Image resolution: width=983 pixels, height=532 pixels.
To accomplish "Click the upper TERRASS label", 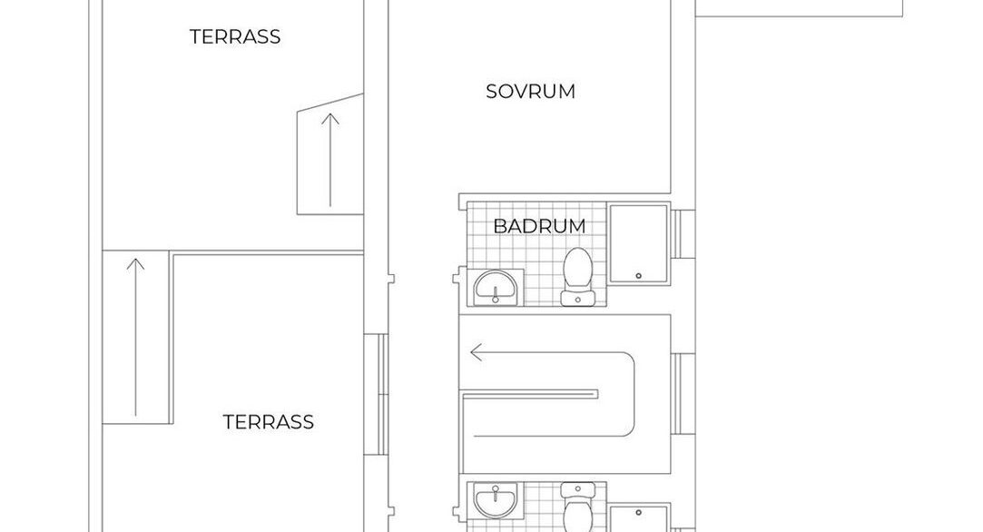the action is click(x=235, y=36).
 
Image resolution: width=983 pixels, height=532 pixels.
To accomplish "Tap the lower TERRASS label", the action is click(x=269, y=421).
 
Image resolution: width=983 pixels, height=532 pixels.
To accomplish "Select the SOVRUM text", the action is click(x=530, y=92).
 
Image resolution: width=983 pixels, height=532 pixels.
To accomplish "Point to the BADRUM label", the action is click(x=539, y=226).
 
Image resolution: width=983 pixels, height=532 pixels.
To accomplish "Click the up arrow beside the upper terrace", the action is click(x=330, y=160).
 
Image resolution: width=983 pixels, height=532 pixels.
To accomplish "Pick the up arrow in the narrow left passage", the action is click(x=135, y=337).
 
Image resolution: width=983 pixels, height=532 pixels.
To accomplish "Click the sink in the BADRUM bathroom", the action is click(x=496, y=287).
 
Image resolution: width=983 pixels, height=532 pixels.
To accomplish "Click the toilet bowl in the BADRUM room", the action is click(x=577, y=268).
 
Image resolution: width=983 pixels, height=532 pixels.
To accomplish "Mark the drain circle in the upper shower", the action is click(x=639, y=275).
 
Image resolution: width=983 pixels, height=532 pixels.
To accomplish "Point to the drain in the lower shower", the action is click(x=639, y=513).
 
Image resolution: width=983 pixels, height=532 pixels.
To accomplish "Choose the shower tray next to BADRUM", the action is click(x=639, y=243).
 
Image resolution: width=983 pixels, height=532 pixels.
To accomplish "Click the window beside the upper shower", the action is click(x=683, y=234).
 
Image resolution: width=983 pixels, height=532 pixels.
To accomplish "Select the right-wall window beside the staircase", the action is click(x=683, y=394).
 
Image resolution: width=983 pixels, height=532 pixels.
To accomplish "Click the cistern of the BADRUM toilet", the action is click(x=577, y=298).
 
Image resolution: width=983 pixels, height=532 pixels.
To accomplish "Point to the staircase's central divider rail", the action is click(x=529, y=394).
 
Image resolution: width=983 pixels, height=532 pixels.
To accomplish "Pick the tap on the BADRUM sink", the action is click(x=496, y=297).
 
